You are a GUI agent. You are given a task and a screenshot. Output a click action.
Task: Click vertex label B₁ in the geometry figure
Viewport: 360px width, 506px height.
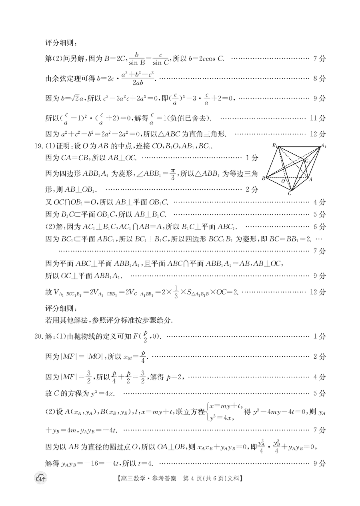coord(276,145)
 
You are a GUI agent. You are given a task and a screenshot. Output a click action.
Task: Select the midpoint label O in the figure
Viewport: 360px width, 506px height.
coord(283,181)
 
